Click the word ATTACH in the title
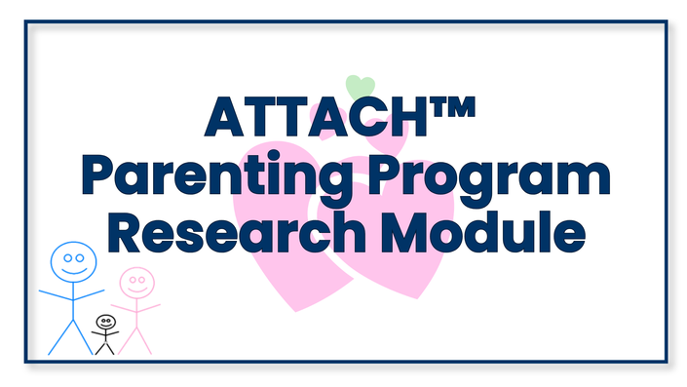coord(316,117)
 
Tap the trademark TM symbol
coord(452,107)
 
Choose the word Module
coord(483,231)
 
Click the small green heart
coord(361,86)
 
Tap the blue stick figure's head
coord(74,262)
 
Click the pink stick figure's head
coord(137,283)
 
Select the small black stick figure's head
coord(106,322)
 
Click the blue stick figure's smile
coord(74,270)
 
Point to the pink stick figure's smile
coord(137,290)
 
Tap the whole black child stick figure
coord(105,334)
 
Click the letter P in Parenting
coord(98,174)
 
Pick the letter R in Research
coord(126,232)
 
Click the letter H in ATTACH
coord(408,117)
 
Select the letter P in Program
coord(386,174)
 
